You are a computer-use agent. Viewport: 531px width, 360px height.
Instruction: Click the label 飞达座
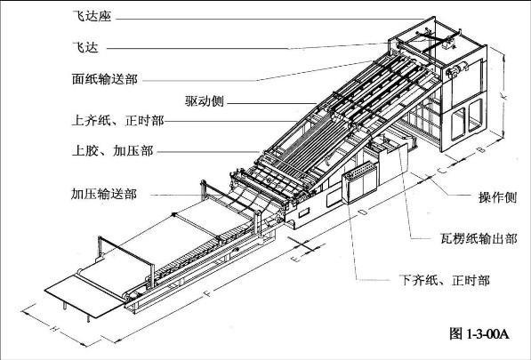click(92, 16)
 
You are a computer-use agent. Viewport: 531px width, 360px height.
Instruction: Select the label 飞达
click(85, 47)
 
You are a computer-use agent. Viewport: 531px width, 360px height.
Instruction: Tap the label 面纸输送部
click(105, 79)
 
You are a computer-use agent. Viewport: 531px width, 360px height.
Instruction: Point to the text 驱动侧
click(205, 100)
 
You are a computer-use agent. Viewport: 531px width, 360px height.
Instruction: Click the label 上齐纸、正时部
click(117, 121)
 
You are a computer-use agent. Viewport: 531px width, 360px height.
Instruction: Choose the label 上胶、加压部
click(113, 150)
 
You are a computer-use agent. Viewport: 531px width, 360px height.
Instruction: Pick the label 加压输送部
click(104, 194)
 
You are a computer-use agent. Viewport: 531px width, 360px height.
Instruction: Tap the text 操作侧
click(498, 197)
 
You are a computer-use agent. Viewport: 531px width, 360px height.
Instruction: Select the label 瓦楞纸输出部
click(479, 238)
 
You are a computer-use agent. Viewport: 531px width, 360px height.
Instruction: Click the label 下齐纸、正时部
click(445, 280)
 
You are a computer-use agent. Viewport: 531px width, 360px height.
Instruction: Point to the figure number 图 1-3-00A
click(479, 334)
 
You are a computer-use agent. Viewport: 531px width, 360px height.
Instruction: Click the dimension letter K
click(504, 97)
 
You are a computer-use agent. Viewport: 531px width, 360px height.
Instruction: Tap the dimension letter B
click(482, 148)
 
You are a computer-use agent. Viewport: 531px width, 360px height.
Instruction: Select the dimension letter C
click(441, 170)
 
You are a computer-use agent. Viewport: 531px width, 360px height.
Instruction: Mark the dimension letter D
click(361, 212)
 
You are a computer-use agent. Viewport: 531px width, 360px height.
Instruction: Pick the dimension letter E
click(295, 260)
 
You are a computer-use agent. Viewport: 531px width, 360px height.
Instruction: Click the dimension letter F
click(208, 293)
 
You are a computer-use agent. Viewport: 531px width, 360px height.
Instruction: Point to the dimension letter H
click(53, 327)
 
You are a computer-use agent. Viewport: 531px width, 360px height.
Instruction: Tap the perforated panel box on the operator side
click(360, 182)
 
